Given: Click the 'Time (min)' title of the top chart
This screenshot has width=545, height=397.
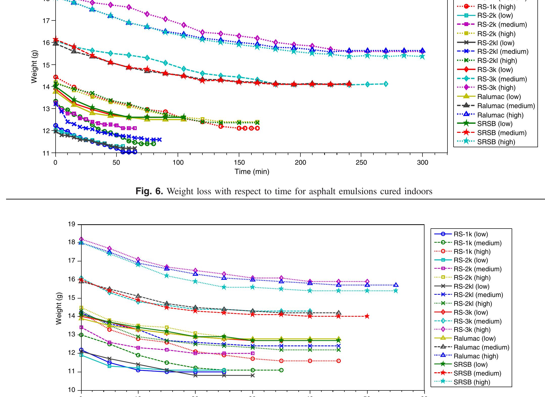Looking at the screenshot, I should pyautogui.click(x=252, y=172).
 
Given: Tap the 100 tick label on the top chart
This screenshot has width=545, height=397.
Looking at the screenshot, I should pyautogui.click(x=178, y=163).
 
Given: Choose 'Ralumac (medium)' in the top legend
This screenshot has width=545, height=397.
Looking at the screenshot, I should pyautogui.click(x=506, y=106).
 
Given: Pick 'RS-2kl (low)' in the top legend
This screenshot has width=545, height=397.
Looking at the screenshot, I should pyautogui.click(x=496, y=43).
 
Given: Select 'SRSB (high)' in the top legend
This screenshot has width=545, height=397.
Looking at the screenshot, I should pyautogui.click(x=496, y=142).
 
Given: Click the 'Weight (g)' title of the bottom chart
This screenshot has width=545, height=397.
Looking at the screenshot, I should pyautogui.click(x=59, y=307).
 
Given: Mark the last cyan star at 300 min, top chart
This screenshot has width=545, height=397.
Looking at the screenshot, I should pyautogui.click(x=422, y=57).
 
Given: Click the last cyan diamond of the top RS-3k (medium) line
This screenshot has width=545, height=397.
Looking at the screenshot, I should pyautogui.click(x=386, y=84).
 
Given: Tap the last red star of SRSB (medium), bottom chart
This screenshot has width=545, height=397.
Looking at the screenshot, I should pyautogui.click(x=367, y=316).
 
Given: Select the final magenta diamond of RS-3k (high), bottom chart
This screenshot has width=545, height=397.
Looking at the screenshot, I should pyautogui.click(x=367, y=282).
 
